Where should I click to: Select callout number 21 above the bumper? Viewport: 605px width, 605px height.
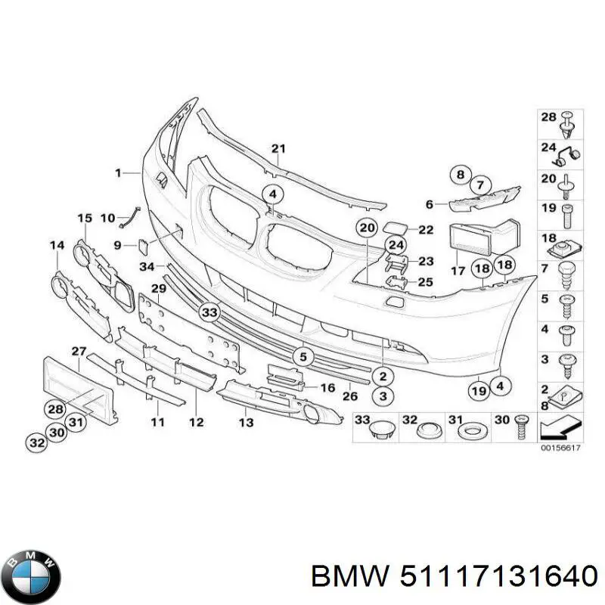279,147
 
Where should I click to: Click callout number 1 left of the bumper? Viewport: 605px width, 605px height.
118,173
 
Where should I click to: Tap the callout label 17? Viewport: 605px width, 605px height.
458,270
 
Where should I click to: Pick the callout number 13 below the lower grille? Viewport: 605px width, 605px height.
246,422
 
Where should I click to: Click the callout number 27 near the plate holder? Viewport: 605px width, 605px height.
79,351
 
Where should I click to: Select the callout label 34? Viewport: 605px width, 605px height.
147,266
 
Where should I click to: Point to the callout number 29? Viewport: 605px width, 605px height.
159,288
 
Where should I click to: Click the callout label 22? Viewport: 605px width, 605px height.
426,229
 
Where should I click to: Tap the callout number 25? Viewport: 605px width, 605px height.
425,283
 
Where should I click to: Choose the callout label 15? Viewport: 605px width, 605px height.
85,219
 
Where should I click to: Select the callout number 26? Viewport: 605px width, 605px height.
349,395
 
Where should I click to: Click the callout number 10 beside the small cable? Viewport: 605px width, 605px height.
107,219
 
